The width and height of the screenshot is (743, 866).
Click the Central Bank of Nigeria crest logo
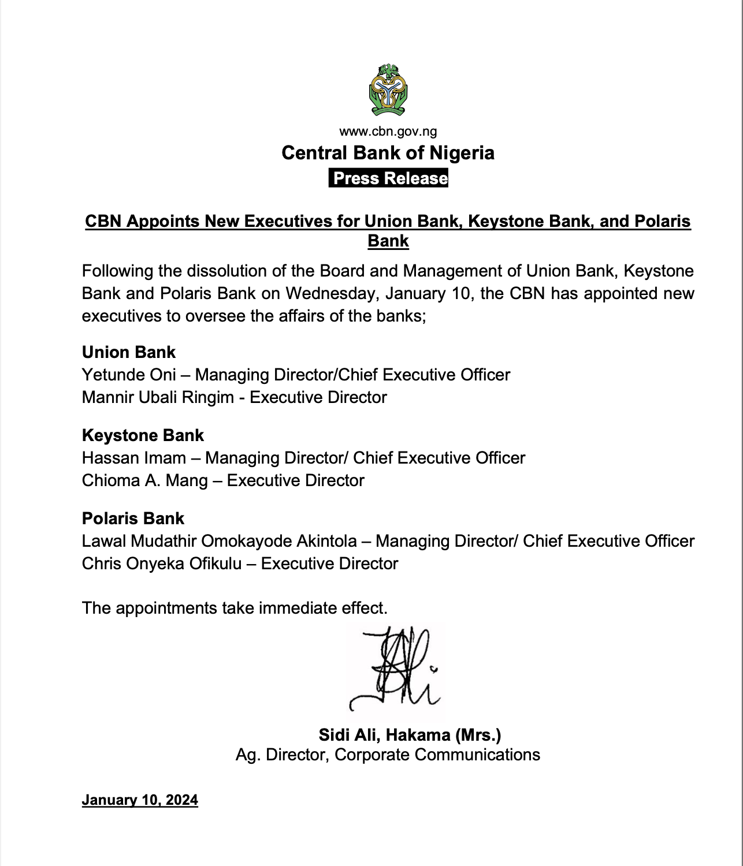(388, 89)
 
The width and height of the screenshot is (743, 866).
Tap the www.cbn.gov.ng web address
(388, 132)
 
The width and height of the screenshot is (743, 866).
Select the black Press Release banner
(388, 178)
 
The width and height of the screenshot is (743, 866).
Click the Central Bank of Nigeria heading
(388, 153)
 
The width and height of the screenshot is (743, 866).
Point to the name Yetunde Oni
(129, 375)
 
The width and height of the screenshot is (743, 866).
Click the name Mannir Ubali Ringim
(158, 398)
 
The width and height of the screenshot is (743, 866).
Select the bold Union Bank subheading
(129, 352)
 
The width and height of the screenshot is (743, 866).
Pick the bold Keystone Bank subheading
(143, 435)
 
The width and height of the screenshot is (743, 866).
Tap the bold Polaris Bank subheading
(133, 518)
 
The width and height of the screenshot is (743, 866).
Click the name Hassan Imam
(134, 458)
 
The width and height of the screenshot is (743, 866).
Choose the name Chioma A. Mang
(144, 481)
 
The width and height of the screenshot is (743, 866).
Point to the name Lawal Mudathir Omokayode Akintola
(220, 542)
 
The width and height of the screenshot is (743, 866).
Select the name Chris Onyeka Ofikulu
(162, 564)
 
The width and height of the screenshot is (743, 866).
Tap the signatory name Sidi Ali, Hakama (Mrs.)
(410, 735)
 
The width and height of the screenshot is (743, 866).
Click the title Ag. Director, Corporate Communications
(388, 755)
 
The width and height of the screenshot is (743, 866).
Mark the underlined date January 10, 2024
(140, 800)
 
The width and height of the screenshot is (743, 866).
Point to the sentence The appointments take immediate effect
(235, 609)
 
